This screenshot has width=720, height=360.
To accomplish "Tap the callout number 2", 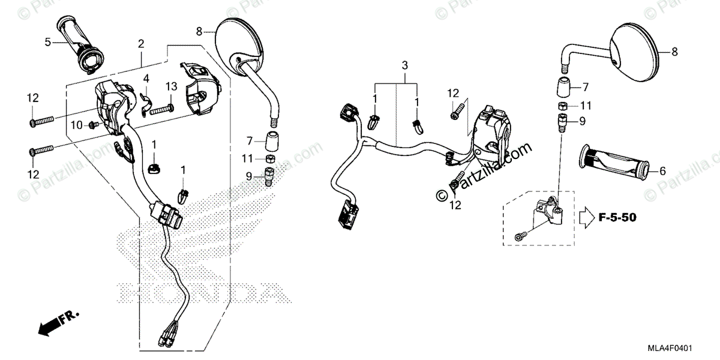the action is (141, 43).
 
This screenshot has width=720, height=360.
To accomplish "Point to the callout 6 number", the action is (662, 171).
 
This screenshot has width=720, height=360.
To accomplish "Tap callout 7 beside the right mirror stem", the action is (586, 86).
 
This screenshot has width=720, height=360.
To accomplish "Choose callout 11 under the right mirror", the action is (586, 105).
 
